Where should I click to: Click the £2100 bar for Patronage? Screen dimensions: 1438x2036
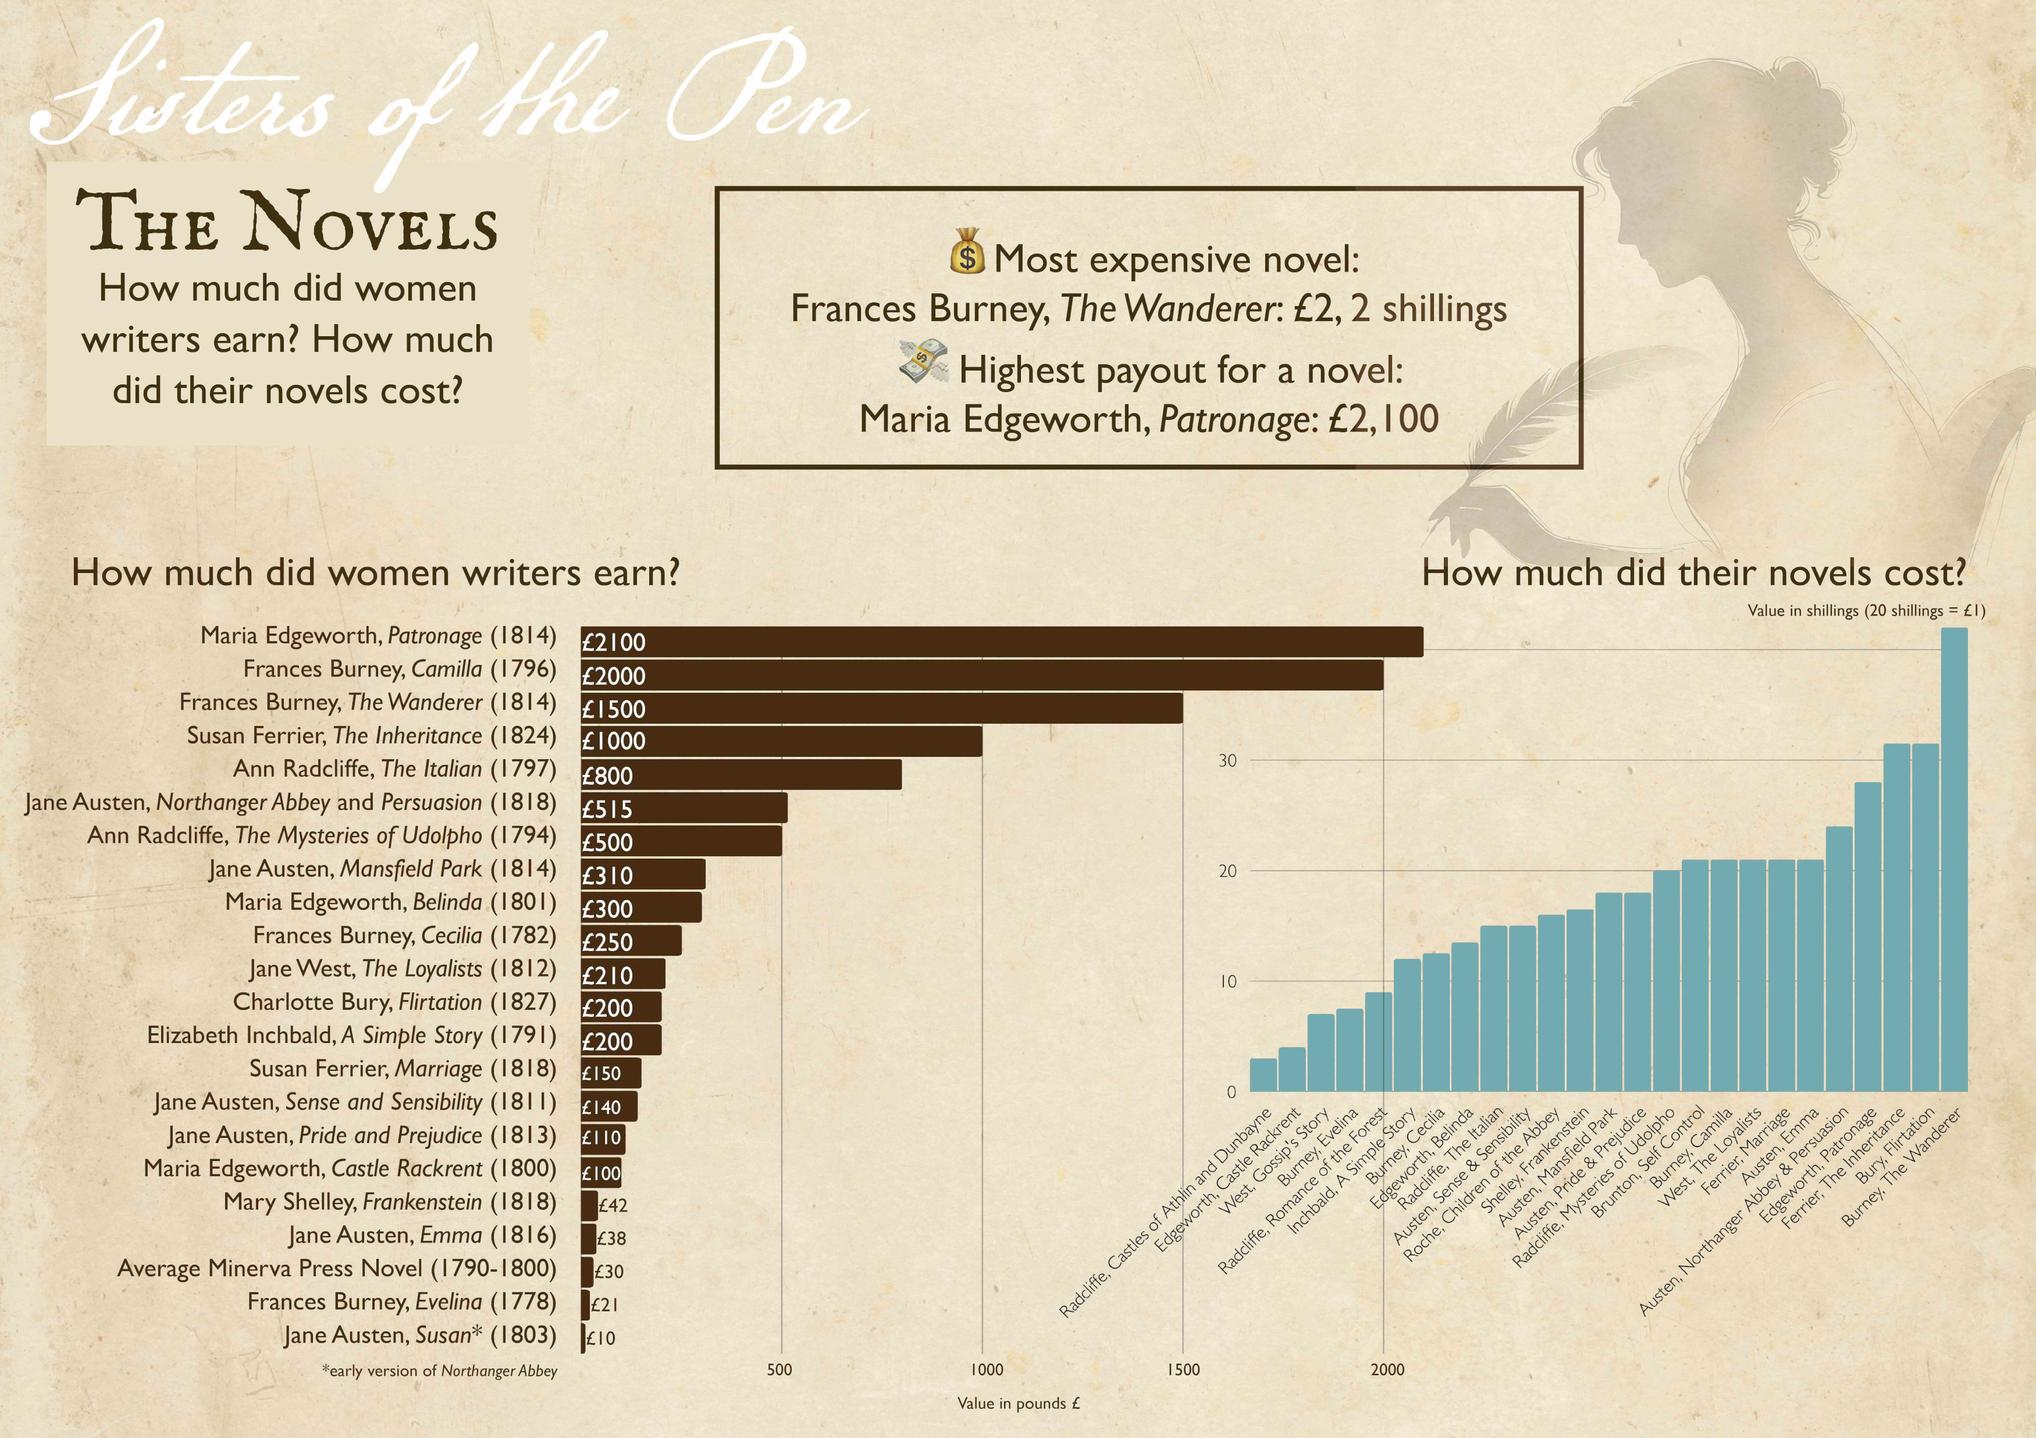click(1002, 642)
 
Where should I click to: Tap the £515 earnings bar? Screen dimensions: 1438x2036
click(684, 807)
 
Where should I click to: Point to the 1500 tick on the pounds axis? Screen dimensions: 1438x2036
click(1183, 1370)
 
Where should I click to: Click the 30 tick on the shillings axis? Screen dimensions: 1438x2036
click(1227, 761)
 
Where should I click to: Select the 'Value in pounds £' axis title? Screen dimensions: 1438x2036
click(1018, 1404)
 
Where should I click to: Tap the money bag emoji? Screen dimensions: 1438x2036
click(967, 252)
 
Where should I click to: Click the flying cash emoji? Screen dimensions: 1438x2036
click(923, 362)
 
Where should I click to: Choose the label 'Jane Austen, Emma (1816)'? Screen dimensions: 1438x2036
click(422, 1235)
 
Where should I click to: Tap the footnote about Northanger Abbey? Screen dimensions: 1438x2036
click(440, 1371)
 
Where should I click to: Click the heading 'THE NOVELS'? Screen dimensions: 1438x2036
click(286, 222)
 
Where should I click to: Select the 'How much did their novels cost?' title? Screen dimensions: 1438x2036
click(1693, 573)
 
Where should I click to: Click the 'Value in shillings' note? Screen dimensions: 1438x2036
click(1866, 611)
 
